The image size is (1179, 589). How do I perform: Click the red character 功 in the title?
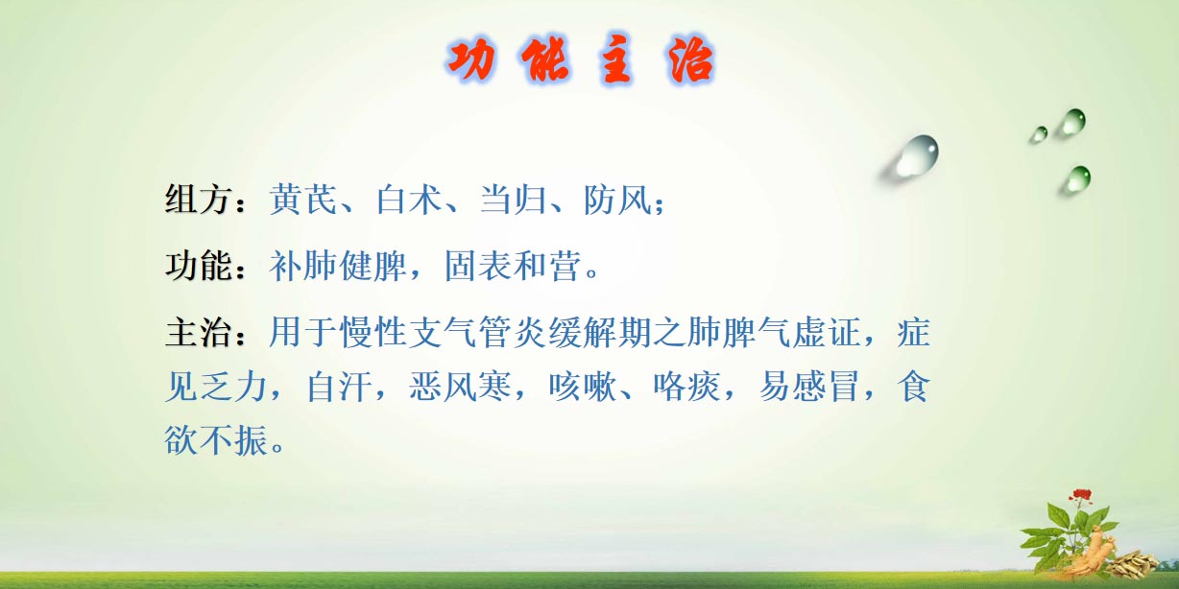[472, 60]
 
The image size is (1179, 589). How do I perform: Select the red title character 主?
[615, 59]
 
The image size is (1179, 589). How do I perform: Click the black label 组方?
[198, 199]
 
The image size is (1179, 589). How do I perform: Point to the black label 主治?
[198, 332]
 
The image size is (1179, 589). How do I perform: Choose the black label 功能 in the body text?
[198, 265]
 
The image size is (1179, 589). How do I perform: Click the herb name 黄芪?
[302, 199]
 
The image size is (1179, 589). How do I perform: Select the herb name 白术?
[409, 199]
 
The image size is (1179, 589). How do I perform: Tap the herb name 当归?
[512, 199]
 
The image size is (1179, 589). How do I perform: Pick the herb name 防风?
[616, 199]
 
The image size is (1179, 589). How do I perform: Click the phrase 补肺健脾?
[338, 265]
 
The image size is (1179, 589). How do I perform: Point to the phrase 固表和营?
[513, 265]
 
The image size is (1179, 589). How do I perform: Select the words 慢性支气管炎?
[443, 332]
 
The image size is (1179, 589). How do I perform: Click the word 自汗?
[339, 386]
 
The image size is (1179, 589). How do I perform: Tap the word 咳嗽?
[582, 386]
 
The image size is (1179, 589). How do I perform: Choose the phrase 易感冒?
[808, 386]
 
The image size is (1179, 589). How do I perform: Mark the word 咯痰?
[686, 386]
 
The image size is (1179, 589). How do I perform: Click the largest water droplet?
[917, 155]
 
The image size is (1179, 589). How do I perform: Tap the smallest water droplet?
[1039, 134]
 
